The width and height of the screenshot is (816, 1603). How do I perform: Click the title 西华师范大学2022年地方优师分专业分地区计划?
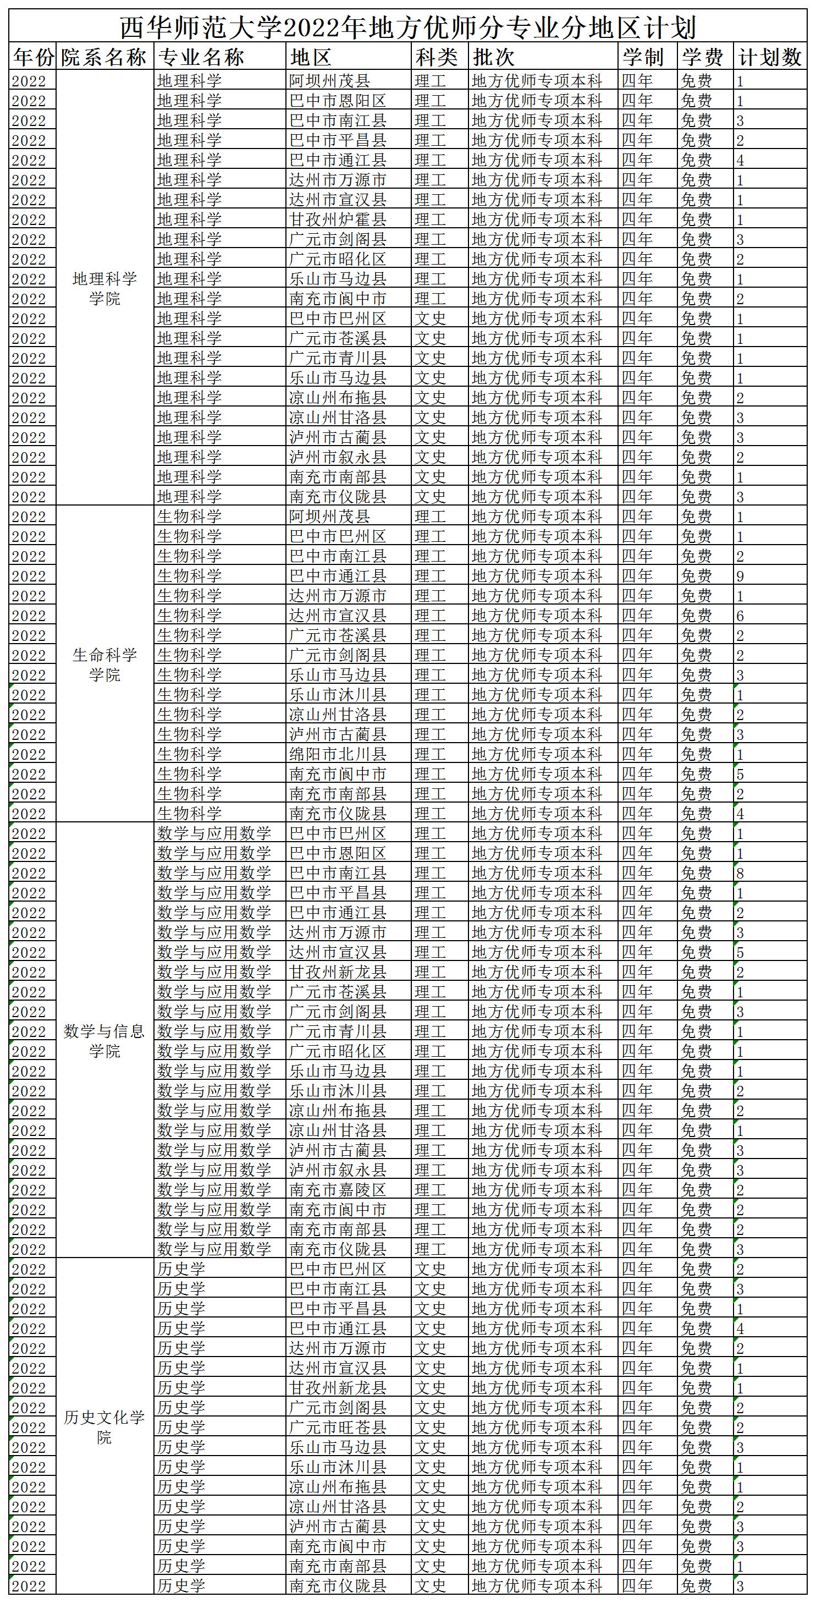coord(407,28)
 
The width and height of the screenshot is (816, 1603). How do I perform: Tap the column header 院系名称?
coord(104,58)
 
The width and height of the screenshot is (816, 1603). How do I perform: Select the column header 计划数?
coord(769,58)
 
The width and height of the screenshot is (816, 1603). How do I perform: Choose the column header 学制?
coord(642,58)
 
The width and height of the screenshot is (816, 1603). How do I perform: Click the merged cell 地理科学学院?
coord(104,288)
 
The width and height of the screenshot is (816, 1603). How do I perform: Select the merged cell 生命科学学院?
coord(104,665)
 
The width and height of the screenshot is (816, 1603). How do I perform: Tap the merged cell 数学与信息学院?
coord(104,1041)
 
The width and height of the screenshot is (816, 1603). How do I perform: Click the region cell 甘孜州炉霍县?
coord(338,219)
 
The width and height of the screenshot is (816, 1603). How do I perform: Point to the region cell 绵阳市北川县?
coord(338,754)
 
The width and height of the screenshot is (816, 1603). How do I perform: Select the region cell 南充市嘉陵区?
coord(338,1190)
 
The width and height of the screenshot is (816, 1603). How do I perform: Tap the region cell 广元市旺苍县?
coord(338,1428)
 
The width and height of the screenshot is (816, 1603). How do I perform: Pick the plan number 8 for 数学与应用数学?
coord(740,873)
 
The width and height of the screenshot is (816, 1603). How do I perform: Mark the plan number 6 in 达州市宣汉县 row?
coord(740,616)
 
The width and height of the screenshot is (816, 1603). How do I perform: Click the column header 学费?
coord(702,58)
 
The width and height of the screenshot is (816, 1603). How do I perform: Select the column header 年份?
coord(33,58)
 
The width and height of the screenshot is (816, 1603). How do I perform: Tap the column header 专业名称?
coord(201,58)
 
